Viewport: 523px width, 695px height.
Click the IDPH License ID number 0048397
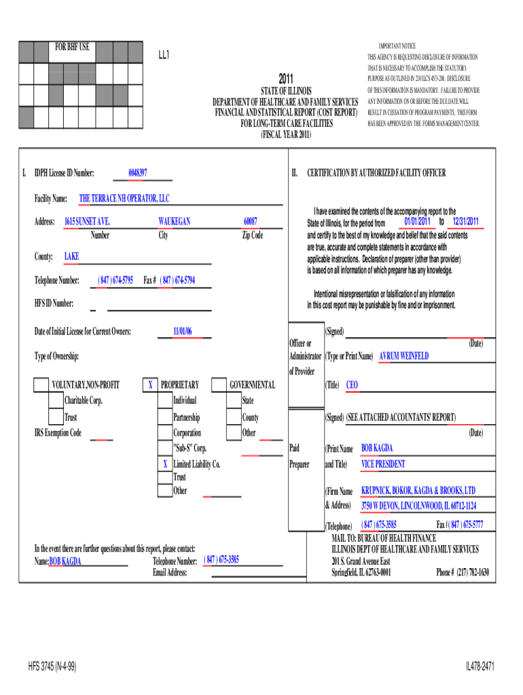pos(138,173)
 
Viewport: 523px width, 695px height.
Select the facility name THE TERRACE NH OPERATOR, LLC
pos(124,198)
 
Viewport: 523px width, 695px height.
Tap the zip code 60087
pos(251,222)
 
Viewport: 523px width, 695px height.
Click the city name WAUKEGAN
pos(174,222)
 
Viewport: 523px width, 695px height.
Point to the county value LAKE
pos(71,257)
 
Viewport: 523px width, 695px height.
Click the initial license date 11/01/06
pos(183,331)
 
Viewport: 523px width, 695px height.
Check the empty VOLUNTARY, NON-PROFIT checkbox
pos(41,386)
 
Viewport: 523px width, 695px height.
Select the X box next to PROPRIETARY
pos(149,386)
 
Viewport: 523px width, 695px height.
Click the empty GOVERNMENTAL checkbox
pos(219,386)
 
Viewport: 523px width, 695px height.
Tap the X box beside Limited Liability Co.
pos(164,464)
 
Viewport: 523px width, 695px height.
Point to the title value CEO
pos(352,385)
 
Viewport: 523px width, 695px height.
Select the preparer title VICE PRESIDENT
pos(383,464)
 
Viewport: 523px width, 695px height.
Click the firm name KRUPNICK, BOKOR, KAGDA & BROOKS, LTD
pos(418,490)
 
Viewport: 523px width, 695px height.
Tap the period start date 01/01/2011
pos(416,222)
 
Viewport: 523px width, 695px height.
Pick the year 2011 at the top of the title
pos(286,79)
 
